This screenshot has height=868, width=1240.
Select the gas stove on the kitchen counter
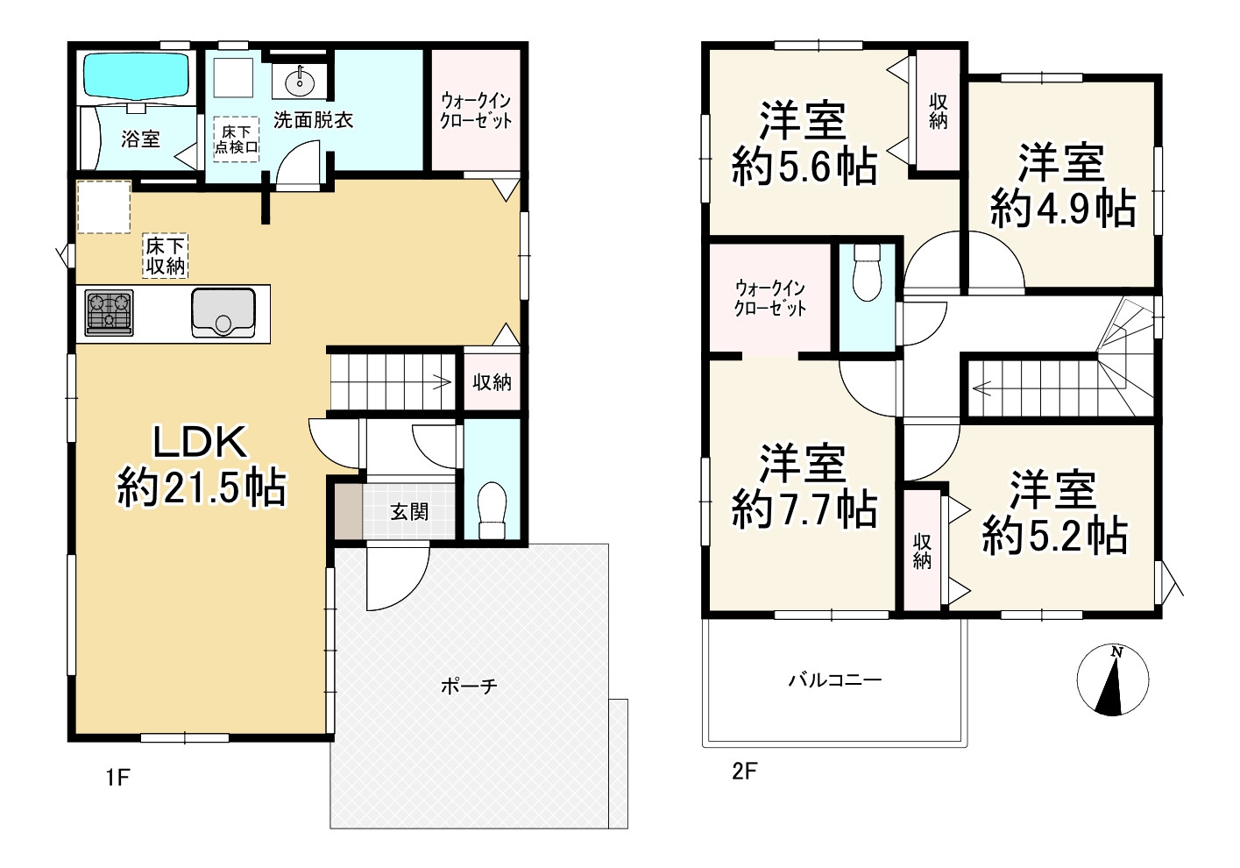[x=109, y=312]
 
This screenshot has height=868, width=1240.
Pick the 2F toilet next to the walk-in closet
[x=867, y=273]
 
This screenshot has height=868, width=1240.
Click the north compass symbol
[x=1112, y=679]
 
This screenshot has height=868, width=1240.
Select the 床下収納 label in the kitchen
[x=165, y=255]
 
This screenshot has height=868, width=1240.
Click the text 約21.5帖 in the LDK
[x=202, y=487]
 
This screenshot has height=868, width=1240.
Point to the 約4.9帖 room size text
[x=1062, y=209]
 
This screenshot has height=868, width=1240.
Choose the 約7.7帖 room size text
[x=804, y=509]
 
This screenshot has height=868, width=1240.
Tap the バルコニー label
[x=834, y=679]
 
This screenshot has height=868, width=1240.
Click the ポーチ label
[x=468, y=687]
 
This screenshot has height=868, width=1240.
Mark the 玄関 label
[x=408, y=511]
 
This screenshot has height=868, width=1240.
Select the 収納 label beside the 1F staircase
[x=492, y=381]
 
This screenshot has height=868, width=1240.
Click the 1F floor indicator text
[x=117, y=777]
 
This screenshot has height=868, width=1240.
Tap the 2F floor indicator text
[x=744, y=772]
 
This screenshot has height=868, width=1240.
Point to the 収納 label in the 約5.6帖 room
[x=938, y=111]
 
